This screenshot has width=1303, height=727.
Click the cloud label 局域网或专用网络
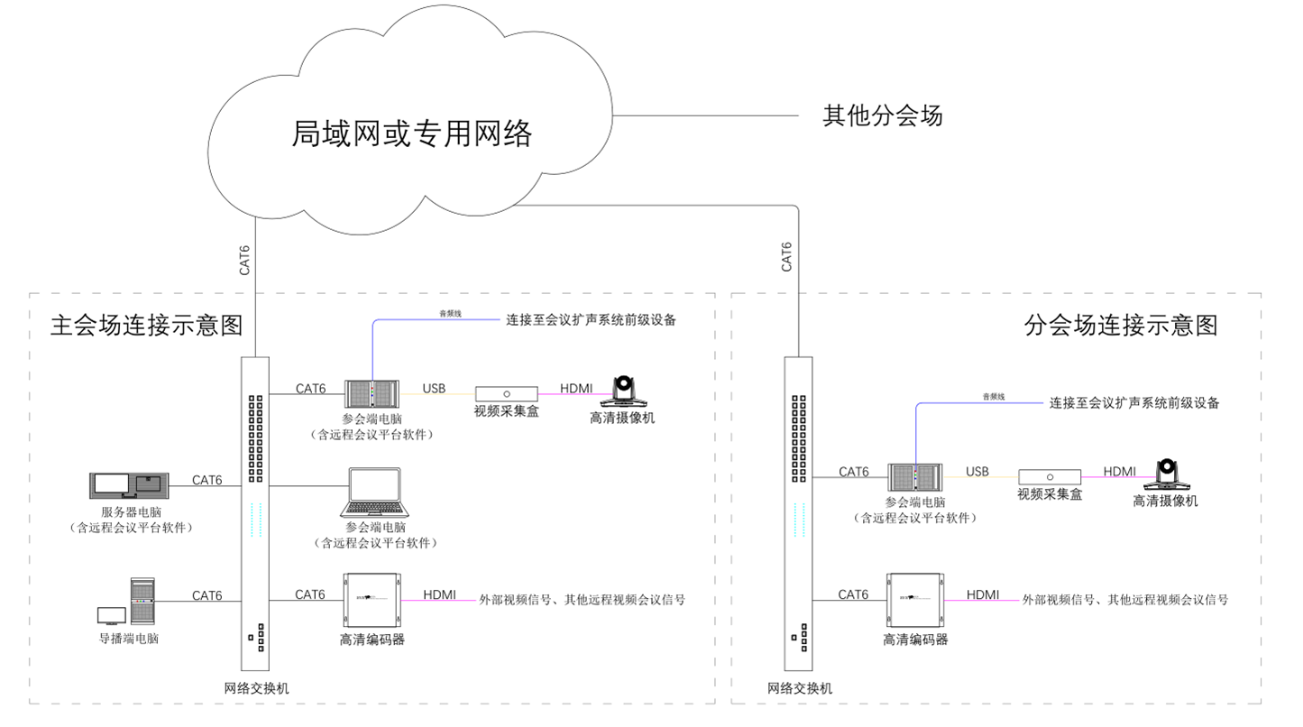412,133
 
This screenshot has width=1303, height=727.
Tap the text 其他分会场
883,116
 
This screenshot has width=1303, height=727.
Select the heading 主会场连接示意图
147,325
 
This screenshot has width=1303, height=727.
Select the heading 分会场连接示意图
1121,325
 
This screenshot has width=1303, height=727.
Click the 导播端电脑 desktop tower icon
142,601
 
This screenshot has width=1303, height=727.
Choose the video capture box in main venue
507,394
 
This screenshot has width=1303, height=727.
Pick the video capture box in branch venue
1050,476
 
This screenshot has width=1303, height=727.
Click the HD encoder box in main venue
372,600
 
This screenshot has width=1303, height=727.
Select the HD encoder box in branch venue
915,600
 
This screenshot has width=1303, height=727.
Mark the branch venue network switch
798,514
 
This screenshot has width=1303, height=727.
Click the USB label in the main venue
434,389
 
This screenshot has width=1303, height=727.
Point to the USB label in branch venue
977,471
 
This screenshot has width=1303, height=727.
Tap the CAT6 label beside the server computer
206,480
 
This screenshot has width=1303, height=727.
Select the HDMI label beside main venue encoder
439,594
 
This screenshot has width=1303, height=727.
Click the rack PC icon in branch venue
915,476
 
